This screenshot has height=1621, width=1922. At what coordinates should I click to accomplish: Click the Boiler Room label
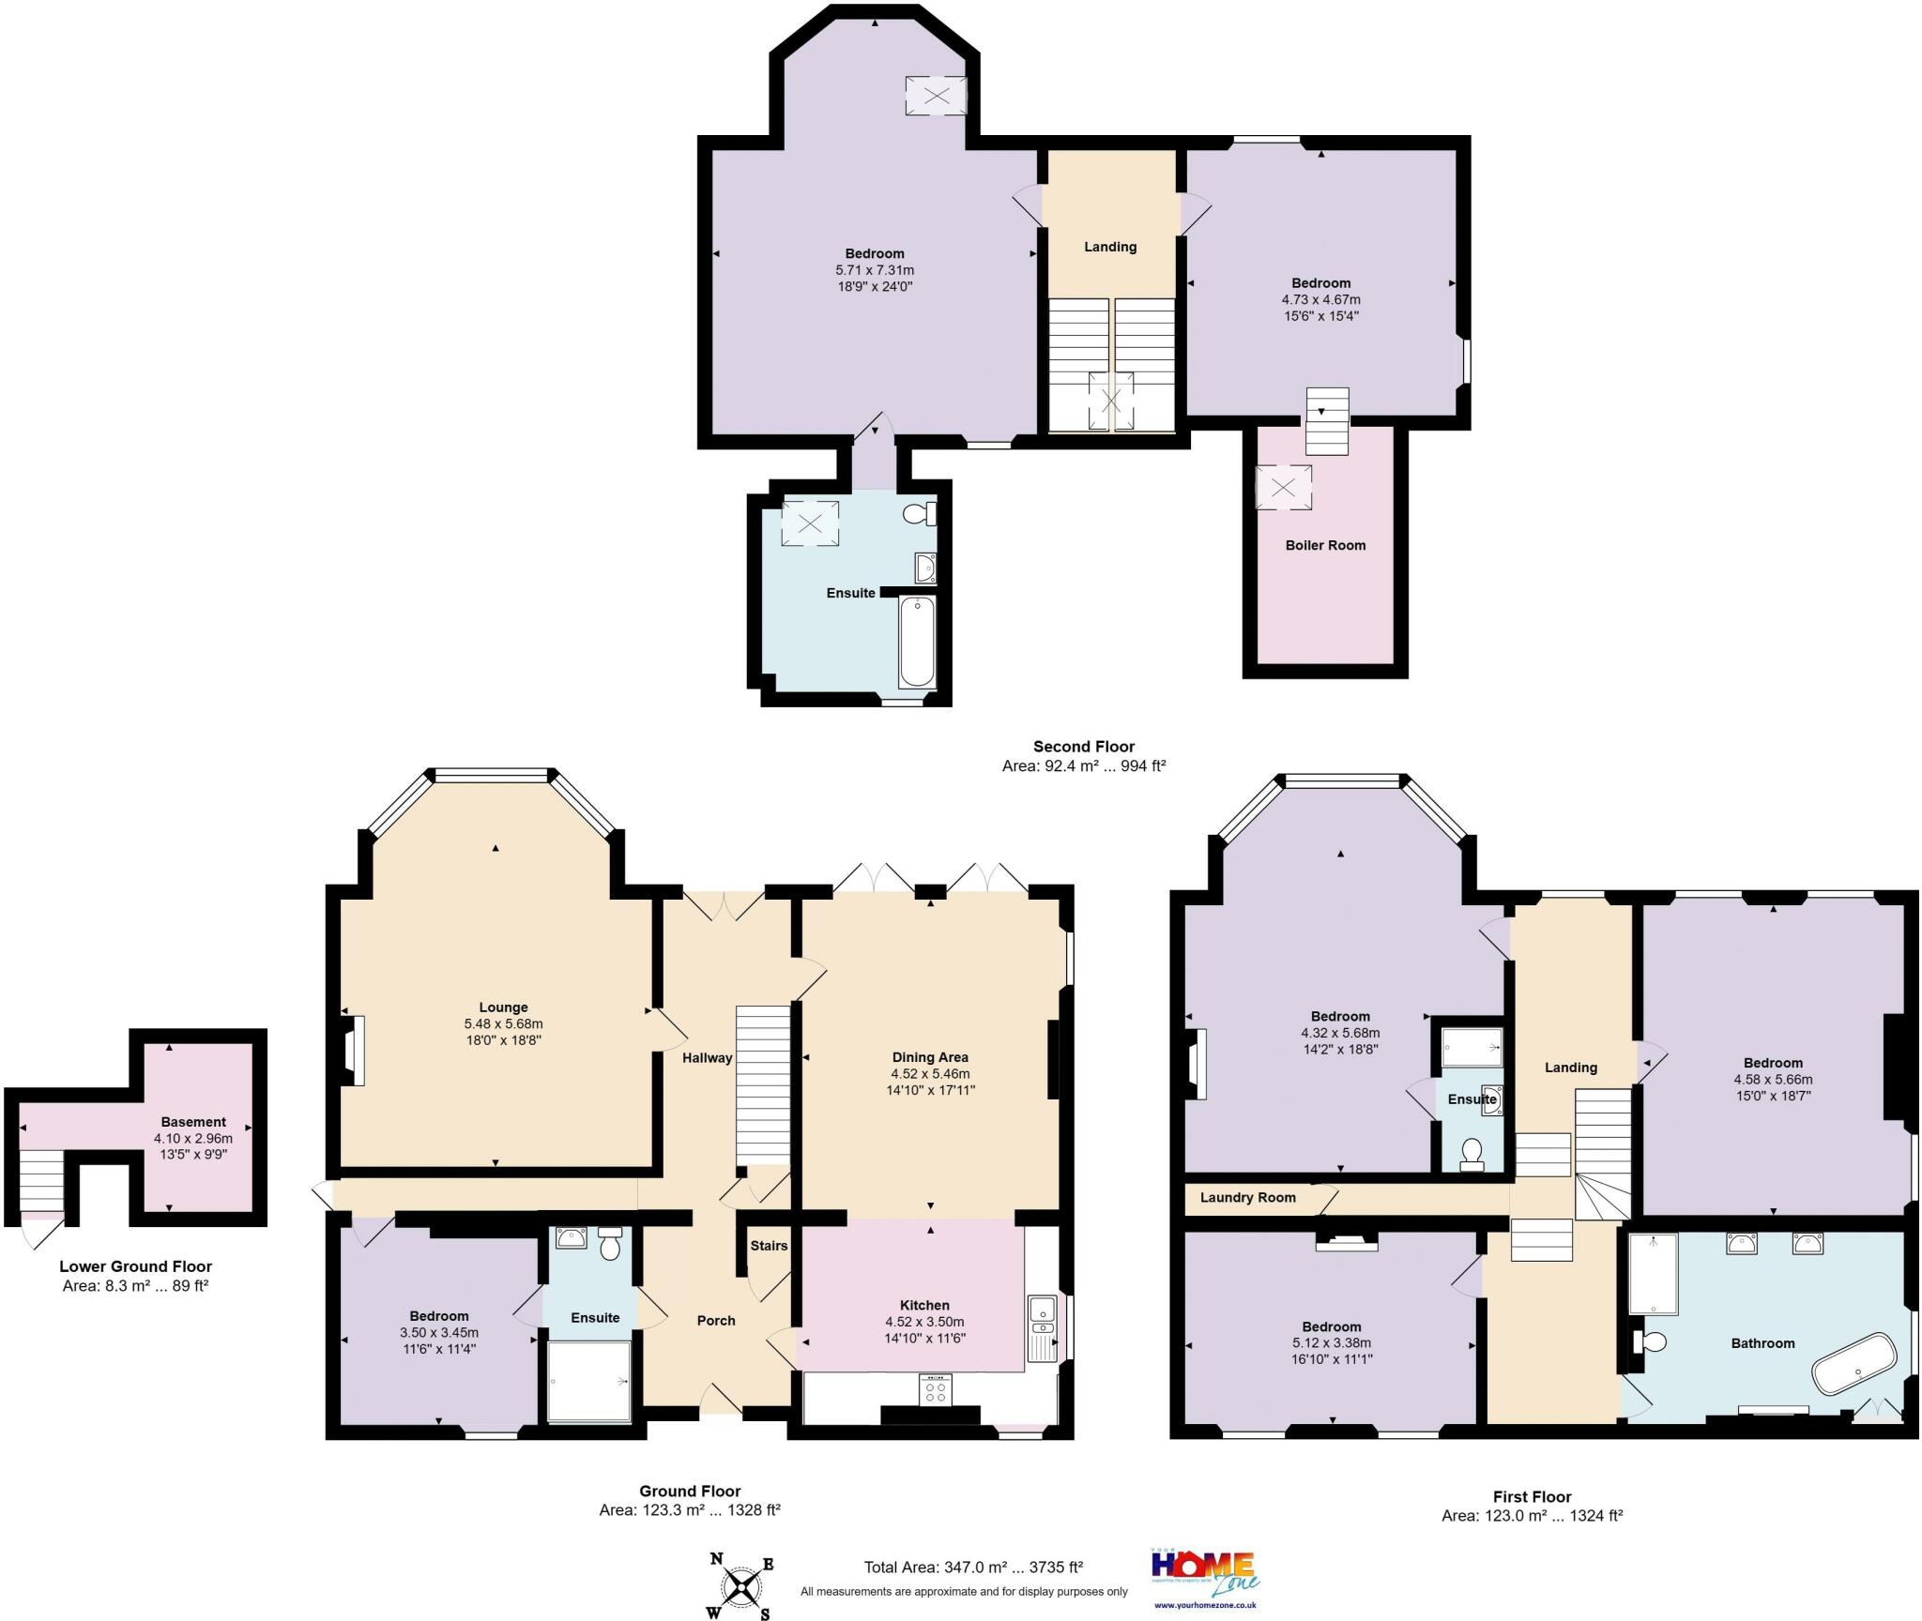1325,545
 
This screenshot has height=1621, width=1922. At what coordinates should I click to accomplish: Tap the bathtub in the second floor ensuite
916,642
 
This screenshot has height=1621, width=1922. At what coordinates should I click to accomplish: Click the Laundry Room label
1247,1198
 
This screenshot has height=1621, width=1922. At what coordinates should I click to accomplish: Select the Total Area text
973,1567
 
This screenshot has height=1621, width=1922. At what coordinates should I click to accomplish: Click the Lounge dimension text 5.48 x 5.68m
503,1023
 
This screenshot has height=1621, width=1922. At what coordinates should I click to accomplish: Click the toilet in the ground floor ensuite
611,1245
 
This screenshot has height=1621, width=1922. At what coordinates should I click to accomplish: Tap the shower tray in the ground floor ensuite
589,1381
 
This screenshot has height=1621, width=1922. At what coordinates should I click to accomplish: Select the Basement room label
193,1122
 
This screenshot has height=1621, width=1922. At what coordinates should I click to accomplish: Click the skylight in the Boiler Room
1283,488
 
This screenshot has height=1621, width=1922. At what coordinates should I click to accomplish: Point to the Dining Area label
930,1057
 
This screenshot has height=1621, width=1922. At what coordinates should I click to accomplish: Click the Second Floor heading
1084,747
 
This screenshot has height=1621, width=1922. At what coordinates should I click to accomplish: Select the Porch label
716,1320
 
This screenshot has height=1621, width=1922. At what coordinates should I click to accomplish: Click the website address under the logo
1205,1605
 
